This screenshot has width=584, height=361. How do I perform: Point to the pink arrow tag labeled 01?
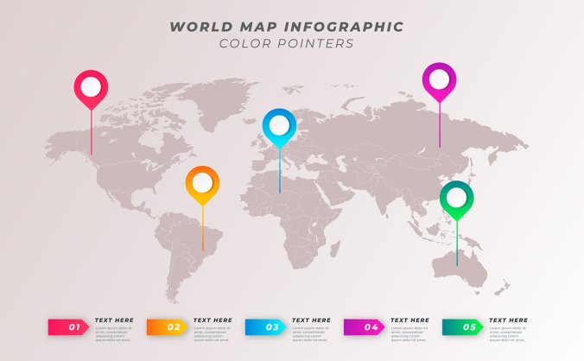(70, 326)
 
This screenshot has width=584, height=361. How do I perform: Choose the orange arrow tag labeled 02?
(168, 326)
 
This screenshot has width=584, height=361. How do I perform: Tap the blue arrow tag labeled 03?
(267, 326)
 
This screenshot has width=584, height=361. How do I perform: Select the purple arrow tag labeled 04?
(365, 326)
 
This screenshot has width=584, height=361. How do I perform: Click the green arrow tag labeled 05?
(464, 326)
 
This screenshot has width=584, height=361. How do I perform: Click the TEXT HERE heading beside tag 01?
(114, 320)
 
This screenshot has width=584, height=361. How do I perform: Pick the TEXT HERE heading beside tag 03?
(311, 320)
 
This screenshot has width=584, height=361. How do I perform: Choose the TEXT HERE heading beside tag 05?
(508, 320)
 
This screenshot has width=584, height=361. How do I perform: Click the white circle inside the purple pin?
(439, 79)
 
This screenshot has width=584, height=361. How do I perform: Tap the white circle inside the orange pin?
(202, 182)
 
